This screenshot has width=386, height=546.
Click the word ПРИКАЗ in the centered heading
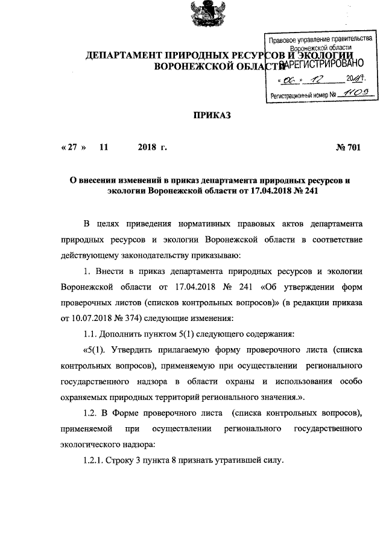point(212,114)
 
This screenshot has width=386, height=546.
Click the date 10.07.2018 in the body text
point(88,318)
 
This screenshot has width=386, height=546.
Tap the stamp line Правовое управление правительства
point(320,39)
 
